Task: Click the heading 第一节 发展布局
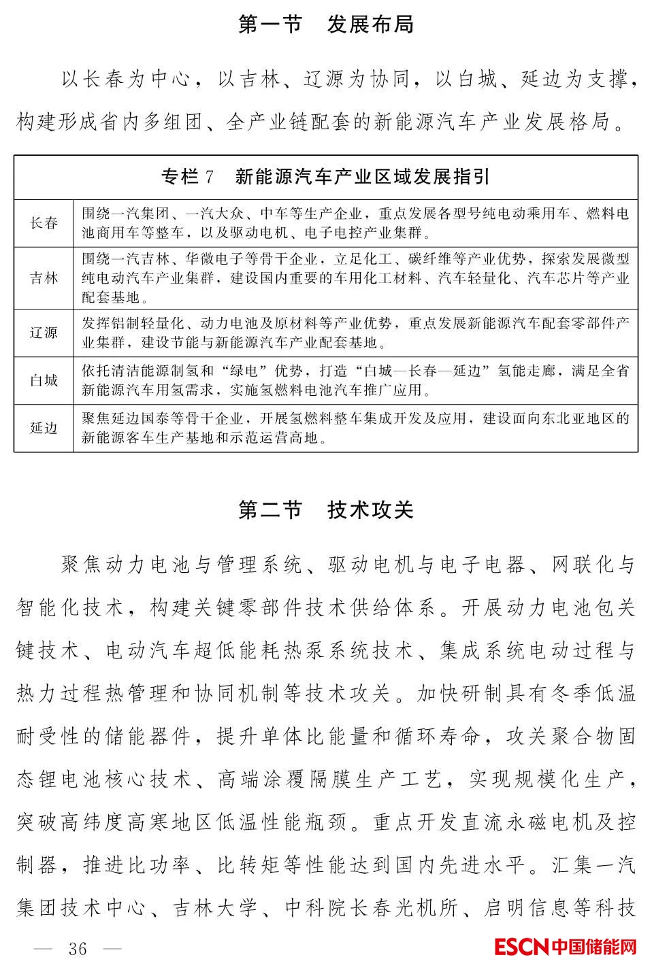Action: tap(326, 24)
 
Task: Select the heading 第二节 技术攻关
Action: tap(326, 509)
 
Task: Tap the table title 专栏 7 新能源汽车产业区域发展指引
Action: tap(325, 178)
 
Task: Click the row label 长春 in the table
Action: tap(44, 223)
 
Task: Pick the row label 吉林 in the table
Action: tap(44, 278)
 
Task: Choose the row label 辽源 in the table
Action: tap(44, 333)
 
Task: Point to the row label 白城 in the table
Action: tap(44, 380)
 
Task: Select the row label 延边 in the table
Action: tap(44, 428)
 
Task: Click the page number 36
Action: tap(78, 948)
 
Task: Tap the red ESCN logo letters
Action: tap(521, 946)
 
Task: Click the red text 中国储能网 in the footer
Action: tap(594, 946)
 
